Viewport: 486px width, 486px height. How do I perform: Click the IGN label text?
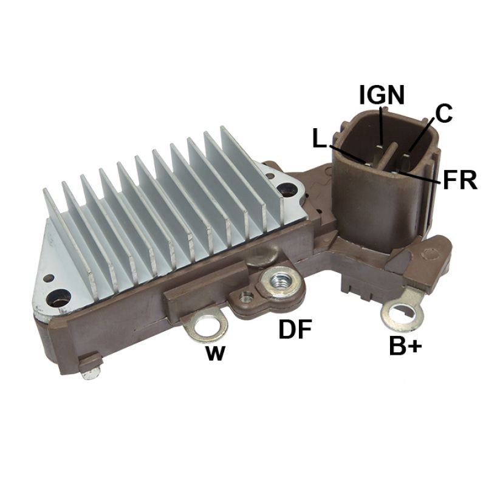(382, 95)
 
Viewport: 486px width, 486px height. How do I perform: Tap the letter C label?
(443, 113)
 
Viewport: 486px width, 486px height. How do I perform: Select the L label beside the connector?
(320, 139)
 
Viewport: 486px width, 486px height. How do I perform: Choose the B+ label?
(405, 346)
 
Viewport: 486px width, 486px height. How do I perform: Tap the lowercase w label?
(215, 353)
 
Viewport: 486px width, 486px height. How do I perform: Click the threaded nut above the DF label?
(278, 282)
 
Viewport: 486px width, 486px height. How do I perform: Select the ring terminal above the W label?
(206, 325)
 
